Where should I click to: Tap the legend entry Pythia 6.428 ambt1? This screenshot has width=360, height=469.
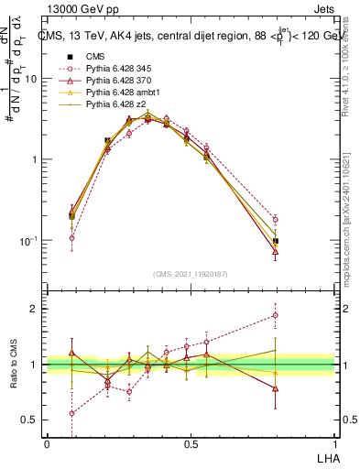(x=120, y=93)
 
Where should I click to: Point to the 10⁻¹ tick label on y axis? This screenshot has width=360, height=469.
(x=29, y=240)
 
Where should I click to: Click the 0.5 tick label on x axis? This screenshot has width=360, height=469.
(x=191, y=443)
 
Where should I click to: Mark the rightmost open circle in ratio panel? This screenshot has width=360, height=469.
(x=275, y=315)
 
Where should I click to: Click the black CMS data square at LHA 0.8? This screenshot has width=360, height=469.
(x=275, y=241)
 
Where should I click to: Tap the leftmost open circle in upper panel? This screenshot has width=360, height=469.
(x=71, y=237)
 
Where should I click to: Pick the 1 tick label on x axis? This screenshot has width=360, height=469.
(x=333, y=443)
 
